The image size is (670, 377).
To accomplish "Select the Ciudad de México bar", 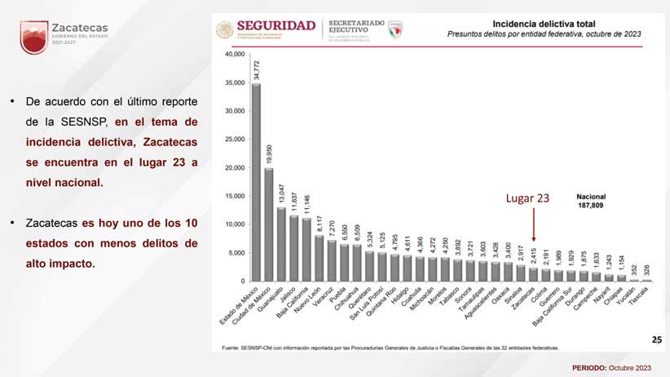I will (x=269, y=224).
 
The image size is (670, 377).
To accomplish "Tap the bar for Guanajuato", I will (x=282, y=244).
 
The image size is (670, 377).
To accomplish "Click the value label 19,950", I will (x=270, y=154).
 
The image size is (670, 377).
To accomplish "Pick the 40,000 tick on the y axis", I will (x=234, y=55).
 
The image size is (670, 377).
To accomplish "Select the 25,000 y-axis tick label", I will (x=234, y=140).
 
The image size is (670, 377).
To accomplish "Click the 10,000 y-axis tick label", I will (x=234, y=224).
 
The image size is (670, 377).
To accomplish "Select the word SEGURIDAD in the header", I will (x=276, y=25).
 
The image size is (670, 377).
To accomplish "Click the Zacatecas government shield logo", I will (x=33, y=38).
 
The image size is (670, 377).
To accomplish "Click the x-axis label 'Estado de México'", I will (x=242, y=308).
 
